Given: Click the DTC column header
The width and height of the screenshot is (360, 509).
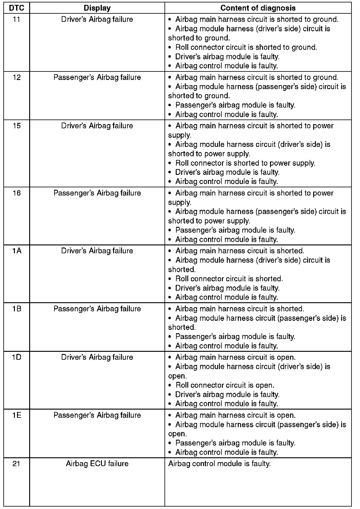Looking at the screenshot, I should [x=16, y=8].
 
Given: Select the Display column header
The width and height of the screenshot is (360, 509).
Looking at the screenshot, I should [x=97, y=8].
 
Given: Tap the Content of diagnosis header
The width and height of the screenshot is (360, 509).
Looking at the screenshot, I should [x=258, y=8].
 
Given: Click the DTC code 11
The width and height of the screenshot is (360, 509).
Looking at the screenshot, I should [x=16, y=19].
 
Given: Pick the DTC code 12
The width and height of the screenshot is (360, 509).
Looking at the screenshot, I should [x=16, y=78].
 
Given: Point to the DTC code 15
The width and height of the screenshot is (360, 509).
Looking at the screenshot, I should [x=16, y=126].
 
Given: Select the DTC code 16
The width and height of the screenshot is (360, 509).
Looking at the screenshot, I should [x=16, y=193].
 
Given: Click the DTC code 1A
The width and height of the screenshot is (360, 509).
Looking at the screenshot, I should [x=16, y=251].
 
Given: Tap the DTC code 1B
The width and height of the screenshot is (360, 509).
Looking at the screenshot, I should [x=16, y=309].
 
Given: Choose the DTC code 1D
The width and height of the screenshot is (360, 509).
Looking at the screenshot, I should [x=16, y=357].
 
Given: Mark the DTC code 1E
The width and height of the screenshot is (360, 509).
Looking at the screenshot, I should [x=16, y=415].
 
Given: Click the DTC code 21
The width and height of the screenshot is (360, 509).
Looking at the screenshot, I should [x=16, y=464].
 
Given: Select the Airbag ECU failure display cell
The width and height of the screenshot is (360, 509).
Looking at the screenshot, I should [x=97, y=464].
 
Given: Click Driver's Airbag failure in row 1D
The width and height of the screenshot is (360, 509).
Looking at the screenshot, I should [x=97, y=357].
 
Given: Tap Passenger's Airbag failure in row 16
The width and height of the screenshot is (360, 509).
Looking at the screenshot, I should [x=97, y=193].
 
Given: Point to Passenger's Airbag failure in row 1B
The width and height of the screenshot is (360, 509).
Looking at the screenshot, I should [x=97, y=309].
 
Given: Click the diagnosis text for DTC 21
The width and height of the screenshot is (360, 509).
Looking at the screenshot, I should [x=219, y=464].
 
